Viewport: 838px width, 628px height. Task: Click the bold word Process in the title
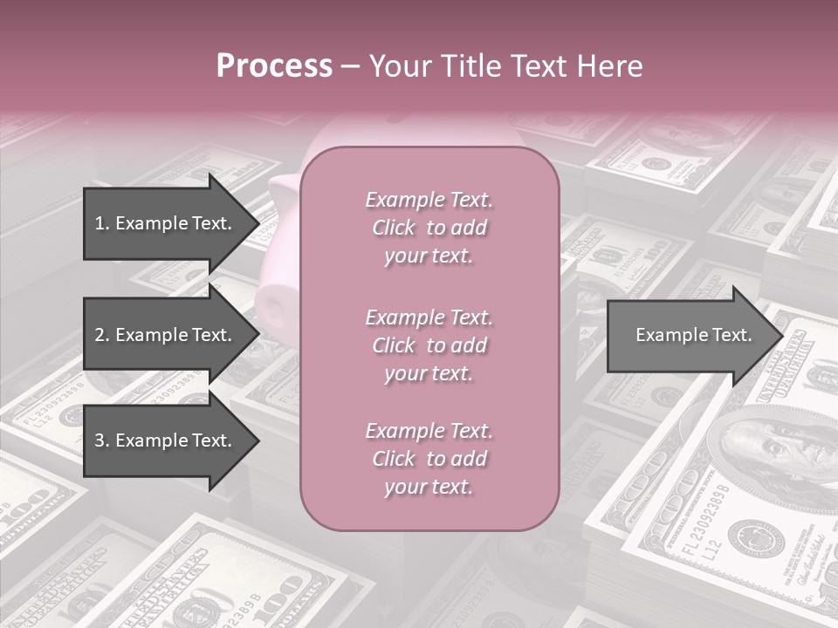274,66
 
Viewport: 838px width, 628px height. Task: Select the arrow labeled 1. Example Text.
163,223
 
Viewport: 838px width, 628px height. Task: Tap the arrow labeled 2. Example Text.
163,335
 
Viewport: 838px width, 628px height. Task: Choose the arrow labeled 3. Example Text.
163,440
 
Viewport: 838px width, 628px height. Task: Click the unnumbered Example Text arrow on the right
694,335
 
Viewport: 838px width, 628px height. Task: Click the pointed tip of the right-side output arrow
781,336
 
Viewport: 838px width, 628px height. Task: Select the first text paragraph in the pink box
429,228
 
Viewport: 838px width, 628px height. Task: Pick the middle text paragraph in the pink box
429,345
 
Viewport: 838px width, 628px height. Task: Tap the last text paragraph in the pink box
429,459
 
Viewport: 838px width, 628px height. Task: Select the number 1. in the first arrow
102,223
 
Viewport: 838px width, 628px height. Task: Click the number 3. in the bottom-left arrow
102,440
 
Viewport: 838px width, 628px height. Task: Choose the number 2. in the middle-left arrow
102,335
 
